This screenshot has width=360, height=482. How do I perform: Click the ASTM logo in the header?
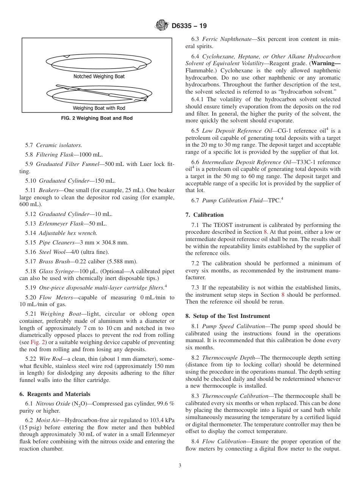pos(162,26)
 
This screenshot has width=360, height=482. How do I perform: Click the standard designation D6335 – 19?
pos(189,26)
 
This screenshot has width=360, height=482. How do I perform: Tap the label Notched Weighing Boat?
pos(99,77)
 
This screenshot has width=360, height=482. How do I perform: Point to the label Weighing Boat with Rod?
pos(99,108)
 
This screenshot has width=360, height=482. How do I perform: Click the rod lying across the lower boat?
pos(95,91)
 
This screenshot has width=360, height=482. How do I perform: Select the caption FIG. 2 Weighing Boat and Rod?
pos(97,118)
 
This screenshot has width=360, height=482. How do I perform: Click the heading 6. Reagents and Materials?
pos(55,394)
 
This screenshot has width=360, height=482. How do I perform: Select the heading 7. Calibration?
pos(205,215)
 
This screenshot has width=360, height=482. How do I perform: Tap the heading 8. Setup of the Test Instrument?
pos(228,316)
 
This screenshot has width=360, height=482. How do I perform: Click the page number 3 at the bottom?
pos(180,466)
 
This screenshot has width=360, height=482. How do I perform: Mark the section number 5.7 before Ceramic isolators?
pos(30,145)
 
